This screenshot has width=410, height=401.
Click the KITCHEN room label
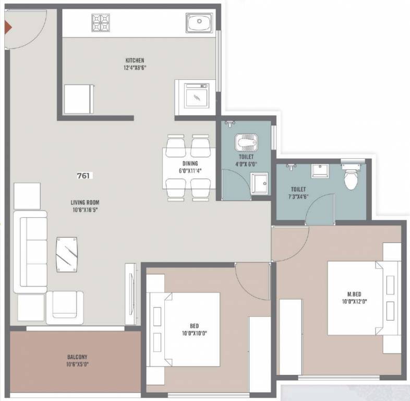[x=134, y=61]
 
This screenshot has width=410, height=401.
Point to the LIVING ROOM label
[x=85, y=203]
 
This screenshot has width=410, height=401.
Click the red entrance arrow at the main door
[x=7, y=27]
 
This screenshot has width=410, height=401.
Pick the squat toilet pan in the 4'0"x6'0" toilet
[x=245, y=142]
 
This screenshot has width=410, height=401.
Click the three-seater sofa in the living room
[x=33, y=252]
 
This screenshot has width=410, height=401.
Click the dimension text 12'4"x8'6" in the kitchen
[x=134, y=67]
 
